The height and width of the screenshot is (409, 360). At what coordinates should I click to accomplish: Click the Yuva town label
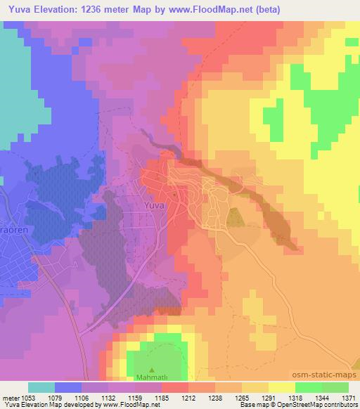tap(154, 206)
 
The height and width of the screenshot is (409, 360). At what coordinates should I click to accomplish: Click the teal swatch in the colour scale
tap(42, 387)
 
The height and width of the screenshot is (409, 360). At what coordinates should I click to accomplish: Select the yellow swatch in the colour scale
tap(282, 387)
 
